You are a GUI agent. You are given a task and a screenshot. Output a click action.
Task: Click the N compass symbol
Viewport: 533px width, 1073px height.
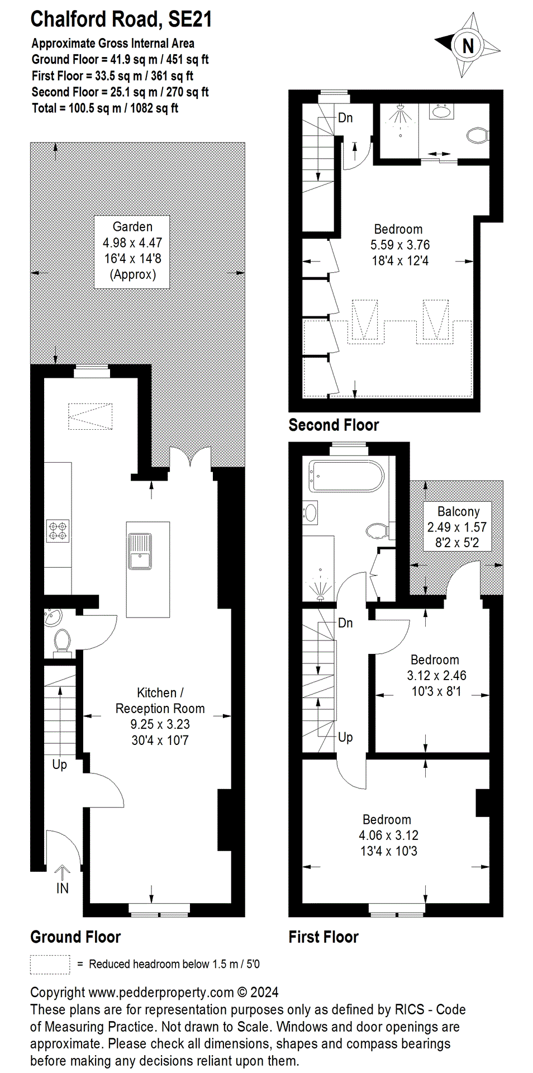click(x=468, y=45)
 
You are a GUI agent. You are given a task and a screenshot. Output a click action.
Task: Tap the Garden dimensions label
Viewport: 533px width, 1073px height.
click(x=132, y=251)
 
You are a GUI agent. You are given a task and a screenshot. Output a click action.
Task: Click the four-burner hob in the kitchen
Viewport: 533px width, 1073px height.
click(x=58, y=531)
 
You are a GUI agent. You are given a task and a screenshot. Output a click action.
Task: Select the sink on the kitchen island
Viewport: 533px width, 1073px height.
click(x=140, y=552)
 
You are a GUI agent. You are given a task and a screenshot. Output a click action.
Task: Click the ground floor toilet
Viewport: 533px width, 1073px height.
click(x=61, y=641)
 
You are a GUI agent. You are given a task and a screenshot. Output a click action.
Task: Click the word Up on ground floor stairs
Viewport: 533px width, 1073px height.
click(x=59, y=764)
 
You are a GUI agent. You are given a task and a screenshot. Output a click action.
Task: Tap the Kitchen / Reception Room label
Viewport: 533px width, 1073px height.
click(x=160, y=716)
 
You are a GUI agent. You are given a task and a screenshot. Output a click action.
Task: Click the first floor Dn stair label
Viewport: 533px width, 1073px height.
click(x=345, y=623)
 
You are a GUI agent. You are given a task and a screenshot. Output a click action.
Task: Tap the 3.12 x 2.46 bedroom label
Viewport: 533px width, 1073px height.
click(x=436, y=675)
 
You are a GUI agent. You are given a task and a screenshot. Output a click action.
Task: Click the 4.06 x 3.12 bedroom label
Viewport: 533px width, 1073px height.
click(x=388, y=835)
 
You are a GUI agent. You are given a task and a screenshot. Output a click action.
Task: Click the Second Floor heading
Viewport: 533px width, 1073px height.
click(x=334, y=425)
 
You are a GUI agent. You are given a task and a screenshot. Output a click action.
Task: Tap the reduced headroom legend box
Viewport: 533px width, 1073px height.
click(x=50, y=964)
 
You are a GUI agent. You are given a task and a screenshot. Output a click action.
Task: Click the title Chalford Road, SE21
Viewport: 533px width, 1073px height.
click(x=121, y=19)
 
